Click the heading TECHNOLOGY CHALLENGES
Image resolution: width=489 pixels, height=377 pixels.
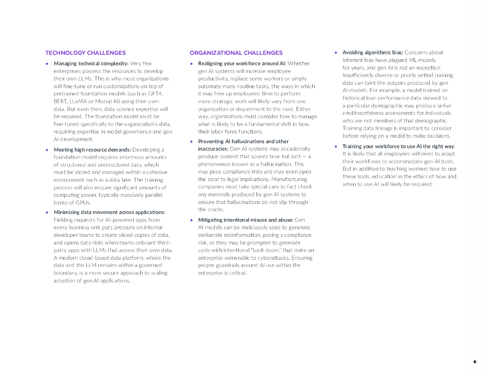pos(85,53)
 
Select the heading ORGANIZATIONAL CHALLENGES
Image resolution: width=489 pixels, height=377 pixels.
pos(236,53)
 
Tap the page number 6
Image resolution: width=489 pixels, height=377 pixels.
pos(475,362)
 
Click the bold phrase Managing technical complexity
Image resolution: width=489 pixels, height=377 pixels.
pos(91,63)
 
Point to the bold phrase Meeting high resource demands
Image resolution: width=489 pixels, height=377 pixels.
pos(92,150)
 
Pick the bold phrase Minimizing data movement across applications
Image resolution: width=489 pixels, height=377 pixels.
pos(109,212)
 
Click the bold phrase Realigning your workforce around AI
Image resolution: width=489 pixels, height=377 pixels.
pos(242,63)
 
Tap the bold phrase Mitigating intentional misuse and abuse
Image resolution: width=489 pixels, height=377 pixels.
pos(245,220)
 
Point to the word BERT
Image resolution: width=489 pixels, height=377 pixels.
pos(60,102)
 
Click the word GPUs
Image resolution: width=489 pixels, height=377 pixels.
pos(82,203)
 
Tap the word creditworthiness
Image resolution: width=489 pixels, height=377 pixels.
pos(366,113)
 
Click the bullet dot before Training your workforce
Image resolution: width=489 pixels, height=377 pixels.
pos(336,146)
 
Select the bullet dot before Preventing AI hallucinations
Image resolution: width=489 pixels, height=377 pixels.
pos(191,142)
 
